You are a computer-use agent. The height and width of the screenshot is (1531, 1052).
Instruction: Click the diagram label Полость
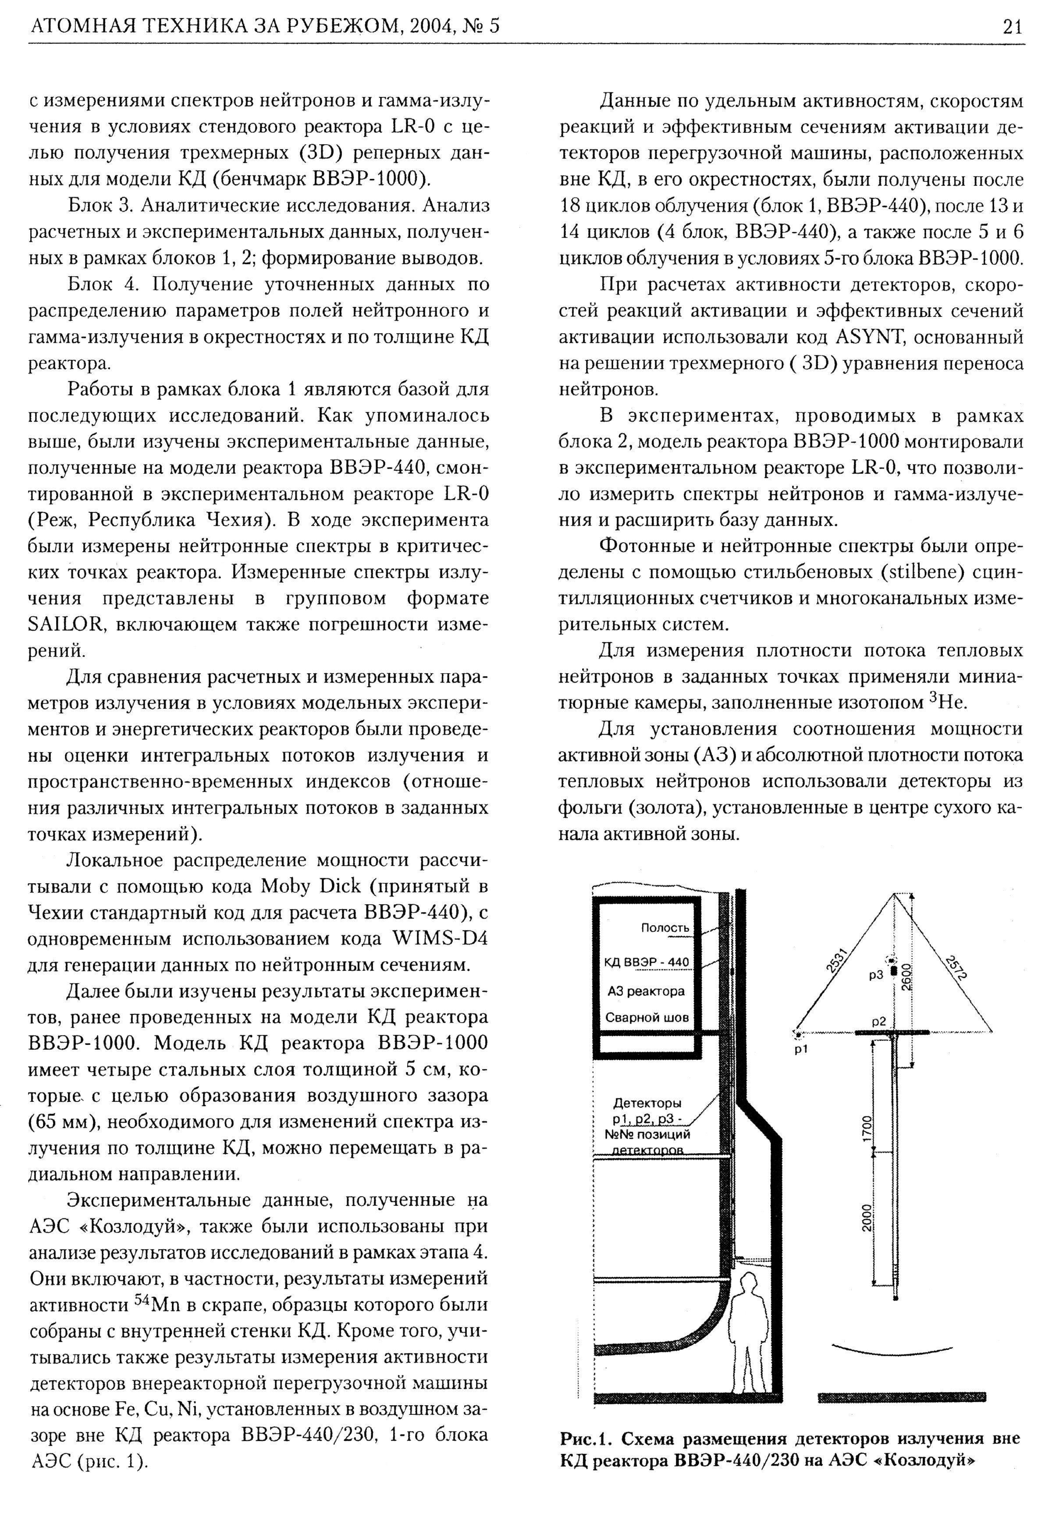[x=665, y=928]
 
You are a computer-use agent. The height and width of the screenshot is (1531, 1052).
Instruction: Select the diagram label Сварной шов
[x=647, y=1017]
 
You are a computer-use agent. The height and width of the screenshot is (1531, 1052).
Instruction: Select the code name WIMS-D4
[x=440, y=938]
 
